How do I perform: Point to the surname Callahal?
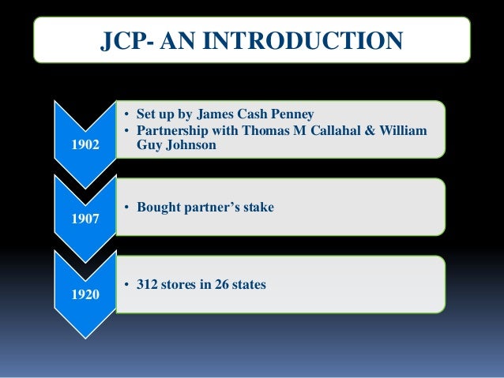pyautogui.click(x=341, y=129)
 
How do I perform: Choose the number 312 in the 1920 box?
pyautogui.click(x=148, y=284)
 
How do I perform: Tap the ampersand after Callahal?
pyautogui.click(x=378, y=129)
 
